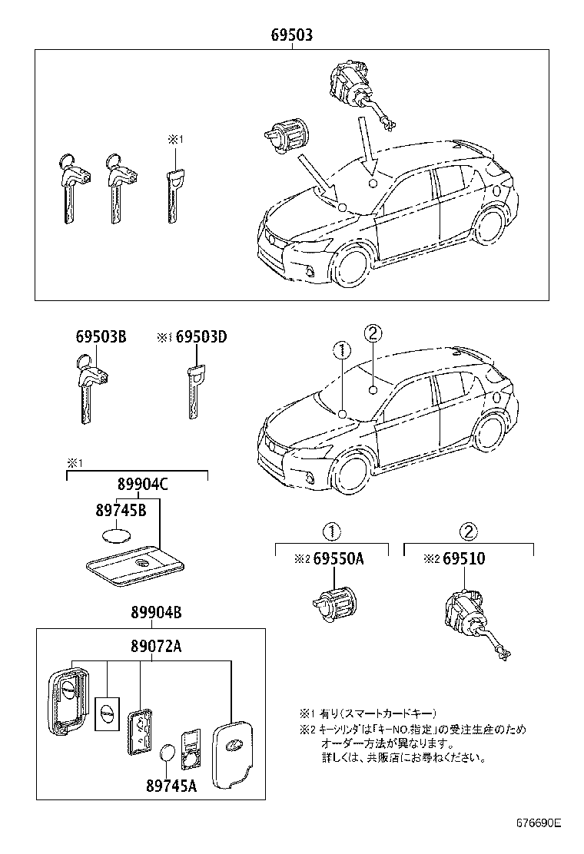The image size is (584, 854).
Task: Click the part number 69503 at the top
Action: click(291, 36)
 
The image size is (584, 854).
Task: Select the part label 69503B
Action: click(101, 337)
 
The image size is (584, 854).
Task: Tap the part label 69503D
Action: click(202, 337)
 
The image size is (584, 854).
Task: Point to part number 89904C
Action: click(143, 485)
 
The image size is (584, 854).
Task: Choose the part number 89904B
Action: click(155, 613)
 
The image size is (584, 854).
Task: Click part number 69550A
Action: click(337, 560)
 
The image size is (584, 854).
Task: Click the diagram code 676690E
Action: click(538, 823)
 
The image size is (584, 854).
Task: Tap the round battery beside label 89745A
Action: click(168, 754)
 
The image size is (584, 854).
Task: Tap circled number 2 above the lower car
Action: click(372, 333)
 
